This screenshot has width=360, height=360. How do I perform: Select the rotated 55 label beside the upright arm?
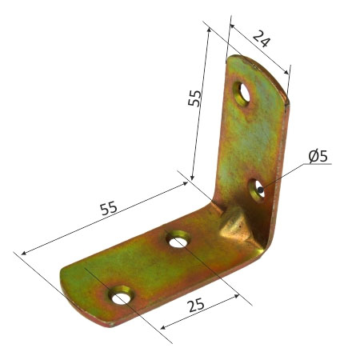[x=194, y=98]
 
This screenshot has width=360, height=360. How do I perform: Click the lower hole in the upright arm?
[x=260, y=190]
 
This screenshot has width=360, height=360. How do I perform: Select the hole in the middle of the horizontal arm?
[x=177, y=239]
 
